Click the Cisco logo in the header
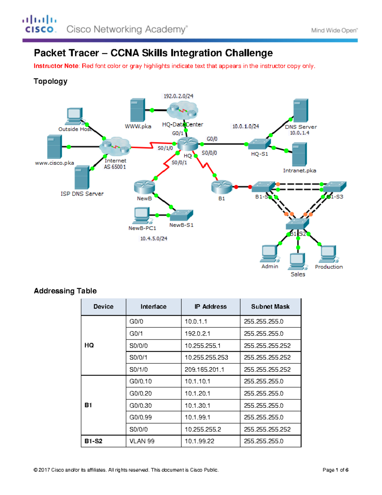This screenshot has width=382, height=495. [39, 24]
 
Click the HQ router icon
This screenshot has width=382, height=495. [187, 144]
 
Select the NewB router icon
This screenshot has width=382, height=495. [144, 187]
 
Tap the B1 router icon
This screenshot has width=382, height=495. [222, 187]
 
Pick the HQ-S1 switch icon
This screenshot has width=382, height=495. [259, 144]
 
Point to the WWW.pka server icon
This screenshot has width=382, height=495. [138, 110]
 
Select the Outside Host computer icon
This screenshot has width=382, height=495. [74, 117]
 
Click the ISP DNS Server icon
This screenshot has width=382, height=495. [82, 177]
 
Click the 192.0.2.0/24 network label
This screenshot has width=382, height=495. [178, 96]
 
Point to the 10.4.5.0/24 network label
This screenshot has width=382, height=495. [154, 238]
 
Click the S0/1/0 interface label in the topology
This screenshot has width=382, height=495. [165, 148]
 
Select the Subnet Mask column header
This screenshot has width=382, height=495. [270, 307]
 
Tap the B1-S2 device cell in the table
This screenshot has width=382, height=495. [93, 441]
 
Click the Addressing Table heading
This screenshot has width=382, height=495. [65, 291]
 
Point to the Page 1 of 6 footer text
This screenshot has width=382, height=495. [335, 470]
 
